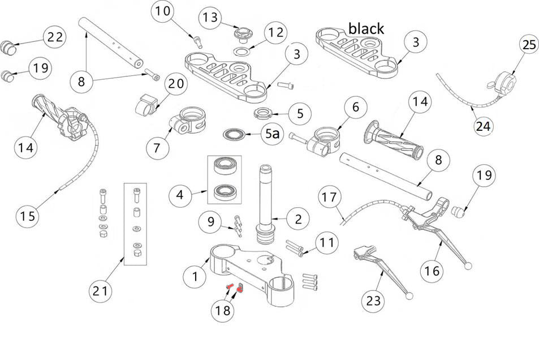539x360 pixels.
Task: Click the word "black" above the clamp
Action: pos(366,28)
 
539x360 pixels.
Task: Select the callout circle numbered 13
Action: pos(210,17)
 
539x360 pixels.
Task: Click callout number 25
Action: pos(529,46)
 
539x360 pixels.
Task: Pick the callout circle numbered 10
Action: pos(162,10)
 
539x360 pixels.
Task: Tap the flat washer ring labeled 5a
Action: pos(234,135)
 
